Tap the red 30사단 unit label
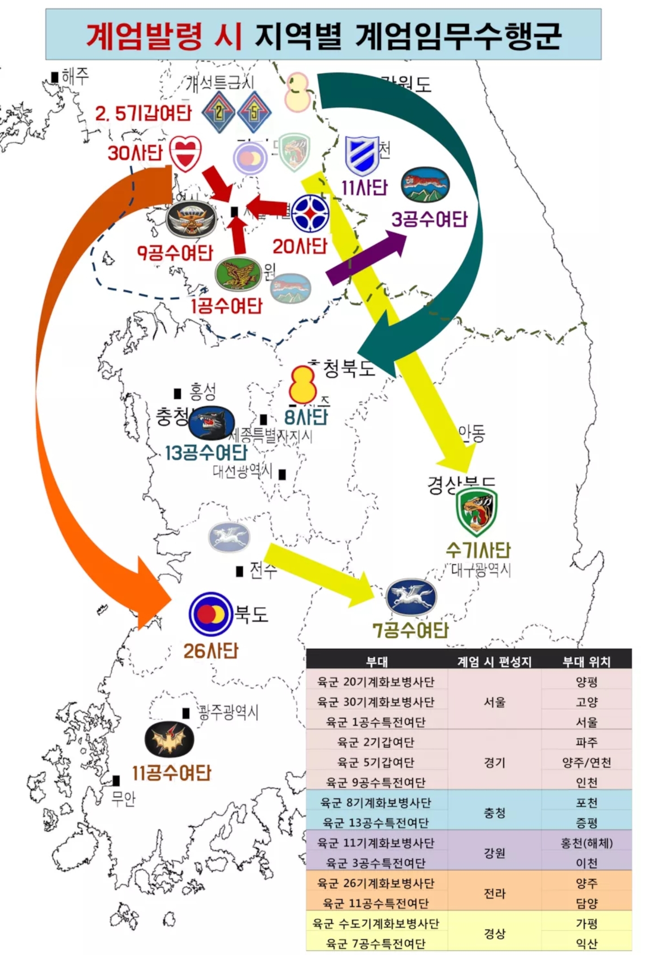tap(135, 153)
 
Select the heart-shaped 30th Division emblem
tap(185, 153)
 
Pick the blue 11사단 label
tap(364, 188)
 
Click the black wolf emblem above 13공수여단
tap(211, 423)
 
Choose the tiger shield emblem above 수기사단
tap(476, 511)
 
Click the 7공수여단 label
tap(410, 630)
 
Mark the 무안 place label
tap(123, 798)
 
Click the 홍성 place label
tap(202, 392)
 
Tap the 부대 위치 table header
tap(586, 661)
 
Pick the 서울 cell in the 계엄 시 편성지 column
tap(494, 702)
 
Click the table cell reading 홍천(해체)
tap(586, 843)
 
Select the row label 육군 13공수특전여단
tap(376, 823)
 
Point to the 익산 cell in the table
tap(586, 943)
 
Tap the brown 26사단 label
tap(210, 651)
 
